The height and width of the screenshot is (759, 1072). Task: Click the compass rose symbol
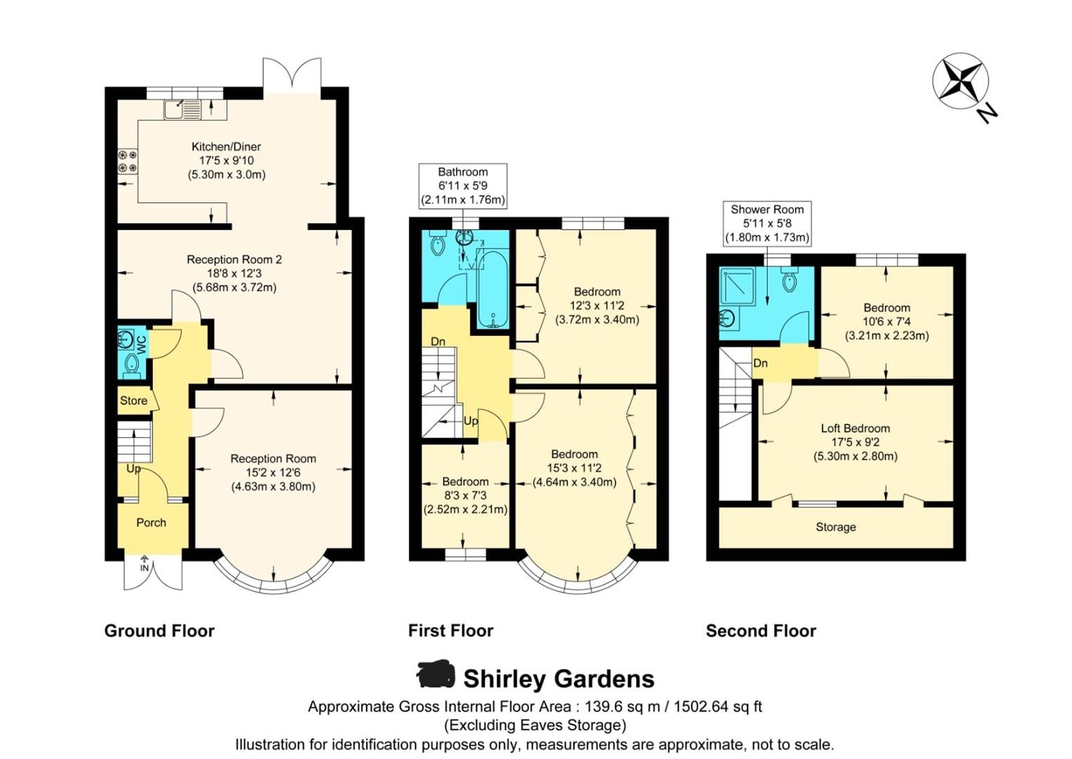point(960,80)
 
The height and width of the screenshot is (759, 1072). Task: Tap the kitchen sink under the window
point(183,110)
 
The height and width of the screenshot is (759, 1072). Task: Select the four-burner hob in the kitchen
point(127,161)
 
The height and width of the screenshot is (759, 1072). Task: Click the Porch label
point(151,523)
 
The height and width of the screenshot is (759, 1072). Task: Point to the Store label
point(133,401)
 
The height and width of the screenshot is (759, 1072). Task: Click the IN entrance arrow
point(145,564)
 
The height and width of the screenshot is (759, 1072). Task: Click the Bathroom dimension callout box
point(462,186)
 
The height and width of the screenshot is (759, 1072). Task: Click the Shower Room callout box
point(766,223)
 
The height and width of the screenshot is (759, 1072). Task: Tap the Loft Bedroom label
point(855,429)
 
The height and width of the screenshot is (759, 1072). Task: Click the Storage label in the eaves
point(835,527)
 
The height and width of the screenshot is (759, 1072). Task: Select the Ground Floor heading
point(159,631)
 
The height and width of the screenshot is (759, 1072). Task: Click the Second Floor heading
point(761,631)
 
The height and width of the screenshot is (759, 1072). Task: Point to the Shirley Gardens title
point(558,679)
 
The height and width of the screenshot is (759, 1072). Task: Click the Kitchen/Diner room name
point(226,147)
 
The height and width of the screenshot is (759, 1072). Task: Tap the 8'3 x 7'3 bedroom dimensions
point(465,496)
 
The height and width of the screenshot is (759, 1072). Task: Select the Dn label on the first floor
point(438,342)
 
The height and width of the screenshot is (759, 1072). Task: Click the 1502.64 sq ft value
point(717,707)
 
